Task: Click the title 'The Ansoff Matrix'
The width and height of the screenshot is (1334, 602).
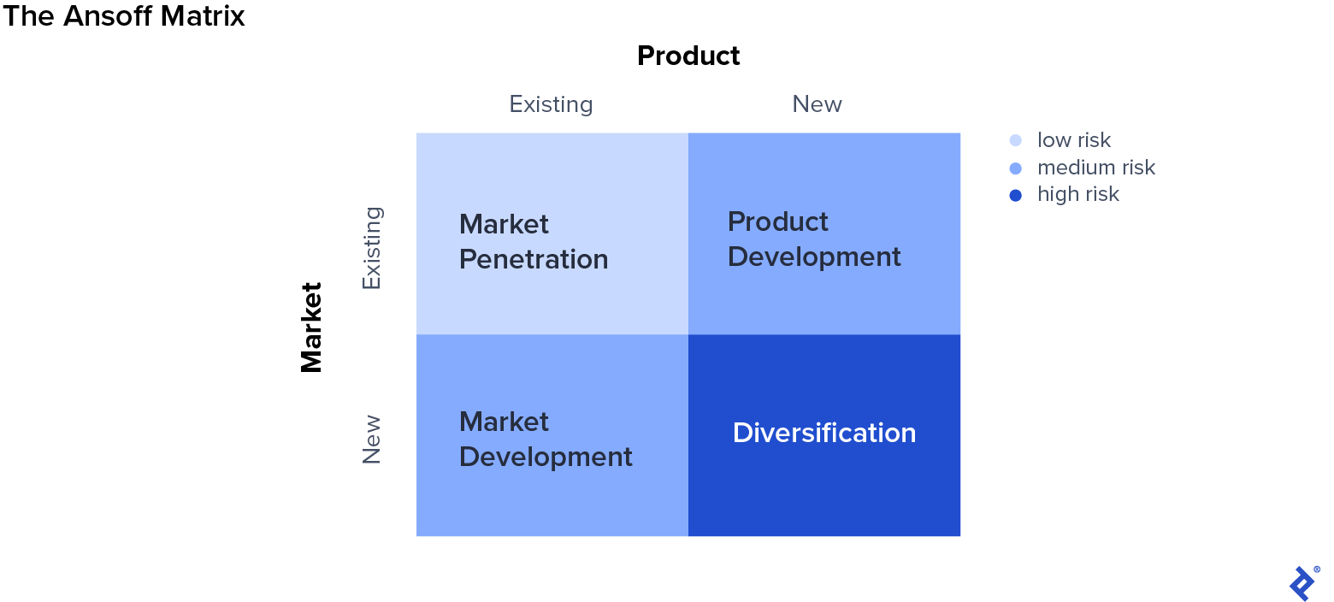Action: coord(124,16)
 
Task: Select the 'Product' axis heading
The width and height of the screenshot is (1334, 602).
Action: coord(688,56)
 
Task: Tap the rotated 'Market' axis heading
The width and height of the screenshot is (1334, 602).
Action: coord(312,328)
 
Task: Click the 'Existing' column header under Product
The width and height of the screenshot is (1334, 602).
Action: coord(551,104)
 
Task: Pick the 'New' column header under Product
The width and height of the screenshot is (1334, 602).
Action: coord(817,104)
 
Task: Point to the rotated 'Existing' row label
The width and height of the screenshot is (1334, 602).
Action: coord(372,248)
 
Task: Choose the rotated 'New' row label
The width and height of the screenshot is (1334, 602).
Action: coord(372,440)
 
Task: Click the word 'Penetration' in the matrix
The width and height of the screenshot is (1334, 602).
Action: coord(534,259)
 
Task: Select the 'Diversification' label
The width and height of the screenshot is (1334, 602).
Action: coord(824,433)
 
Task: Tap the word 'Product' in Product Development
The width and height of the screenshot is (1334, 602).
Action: coord(778,221)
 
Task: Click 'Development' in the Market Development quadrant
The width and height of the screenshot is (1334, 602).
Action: coord(546,457)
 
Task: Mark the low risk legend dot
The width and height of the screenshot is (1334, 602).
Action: coord(1016,140)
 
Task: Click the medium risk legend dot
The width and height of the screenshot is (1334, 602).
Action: coord(1016,168)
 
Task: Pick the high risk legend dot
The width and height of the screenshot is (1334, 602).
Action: coord(1016,195)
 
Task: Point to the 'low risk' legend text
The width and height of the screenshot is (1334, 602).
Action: coord(1074,140)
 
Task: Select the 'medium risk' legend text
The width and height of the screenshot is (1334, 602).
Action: coord(1096,168)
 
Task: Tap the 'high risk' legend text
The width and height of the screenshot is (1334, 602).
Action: coord(1078,195)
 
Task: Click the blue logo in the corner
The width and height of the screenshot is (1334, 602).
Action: coord(1302,583)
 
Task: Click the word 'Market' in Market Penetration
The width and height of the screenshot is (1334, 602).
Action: coord(504,224)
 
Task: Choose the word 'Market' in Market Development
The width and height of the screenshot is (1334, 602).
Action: coord(504,422)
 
